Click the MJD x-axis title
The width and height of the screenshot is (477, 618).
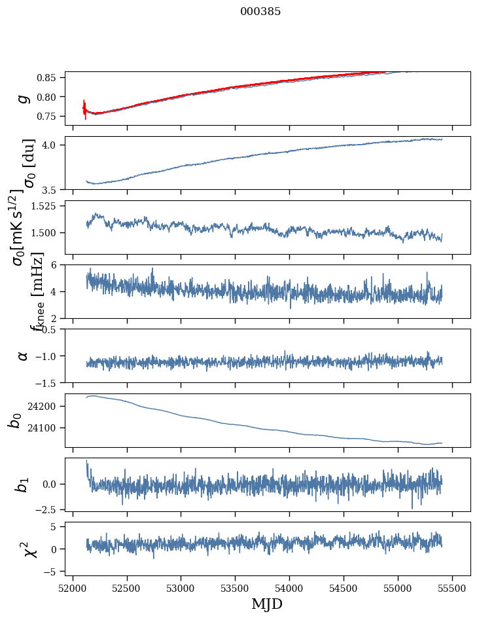tap(267, 604)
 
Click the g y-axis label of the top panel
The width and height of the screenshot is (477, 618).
tap(24, 98)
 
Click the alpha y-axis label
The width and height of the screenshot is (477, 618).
tap(23, 355)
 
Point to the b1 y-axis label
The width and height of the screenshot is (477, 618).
tap(23, 484)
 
